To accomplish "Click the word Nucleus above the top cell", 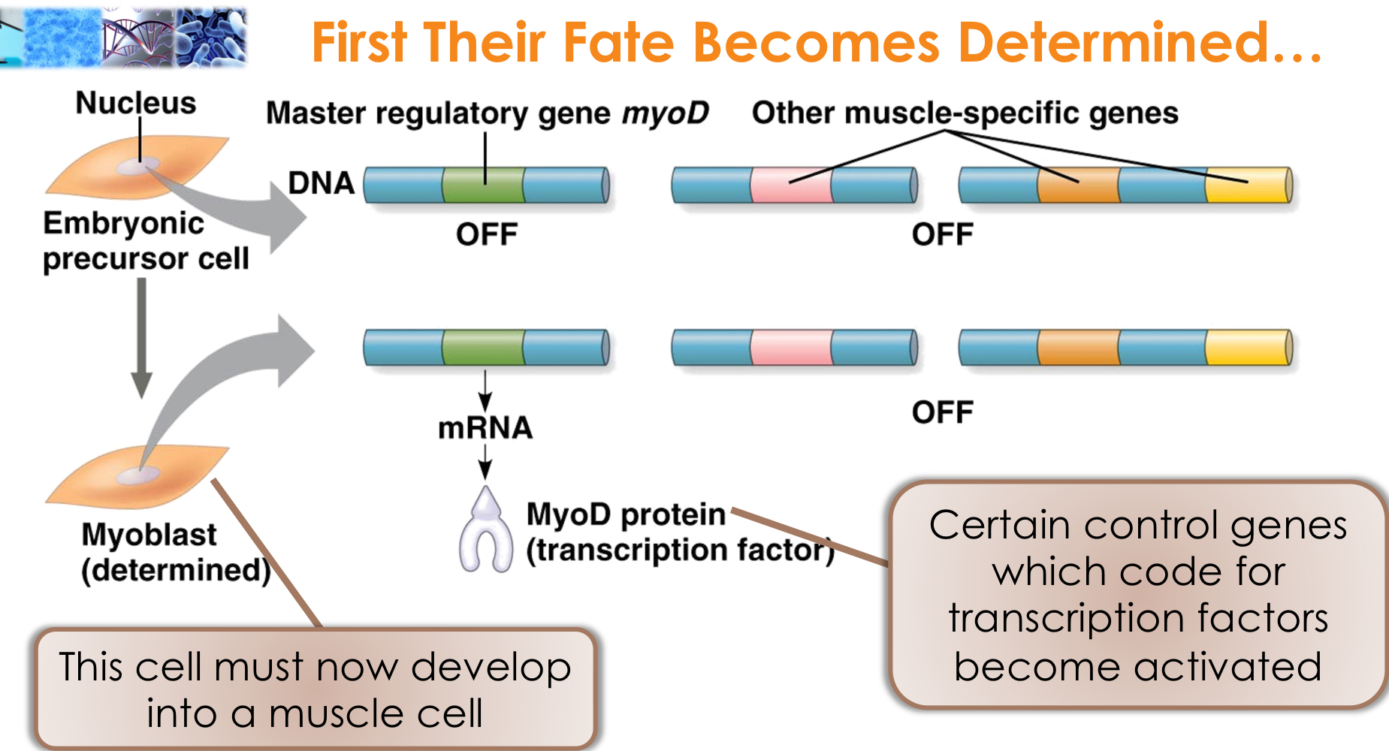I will (x=135, y=103).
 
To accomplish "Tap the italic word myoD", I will (x=665, y=113).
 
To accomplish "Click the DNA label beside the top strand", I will (x=321, y=183).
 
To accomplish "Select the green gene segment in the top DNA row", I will (x=482, y=185).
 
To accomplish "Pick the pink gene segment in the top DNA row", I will (x=791, y=185).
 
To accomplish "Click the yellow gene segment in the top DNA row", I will (x=1246, y=185).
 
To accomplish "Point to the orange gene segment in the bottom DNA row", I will (x=1077, y=348).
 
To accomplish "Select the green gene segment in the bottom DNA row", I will (x=482, y=348).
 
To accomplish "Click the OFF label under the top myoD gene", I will (x=487, y=235).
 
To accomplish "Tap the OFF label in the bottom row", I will (x=942, y=412).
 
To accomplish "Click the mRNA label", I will (x=485, y=428).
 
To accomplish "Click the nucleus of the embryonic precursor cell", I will (x=140, y=165).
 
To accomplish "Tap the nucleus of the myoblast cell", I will (x=140, y=474).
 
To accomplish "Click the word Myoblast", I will (x=149, y=535).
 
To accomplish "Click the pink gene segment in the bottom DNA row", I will (x=791, y=348).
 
